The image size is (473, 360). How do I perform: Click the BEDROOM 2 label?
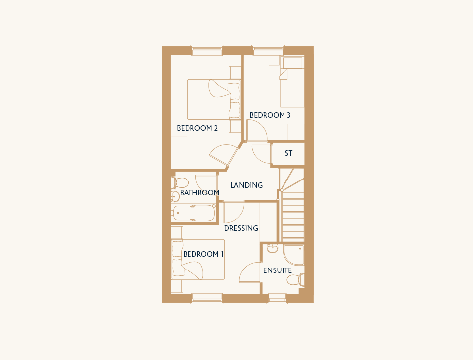[x=197, y=128]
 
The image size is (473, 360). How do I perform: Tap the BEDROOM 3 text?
[x=270, y=115]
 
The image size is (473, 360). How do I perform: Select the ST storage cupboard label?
[x=288, y=153]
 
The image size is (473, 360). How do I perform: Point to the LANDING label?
[x=247, y=185]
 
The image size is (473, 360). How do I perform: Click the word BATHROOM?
[x=200, y=192]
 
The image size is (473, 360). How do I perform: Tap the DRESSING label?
[x=241, y=228]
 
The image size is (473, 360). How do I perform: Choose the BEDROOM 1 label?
[x=203, y=254]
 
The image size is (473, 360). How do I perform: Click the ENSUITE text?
[x=278, y=270]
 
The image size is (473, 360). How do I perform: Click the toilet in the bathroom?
[x=180, y=182]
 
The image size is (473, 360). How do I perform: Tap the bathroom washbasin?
[x=175, y=196]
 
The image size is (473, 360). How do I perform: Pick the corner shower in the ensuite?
[x=293, y=255]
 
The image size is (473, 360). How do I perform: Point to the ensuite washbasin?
[x=273, y=249]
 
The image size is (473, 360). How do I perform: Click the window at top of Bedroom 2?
[x=207, y=50]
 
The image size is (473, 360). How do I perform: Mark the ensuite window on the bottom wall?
[x=277, y=298]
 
